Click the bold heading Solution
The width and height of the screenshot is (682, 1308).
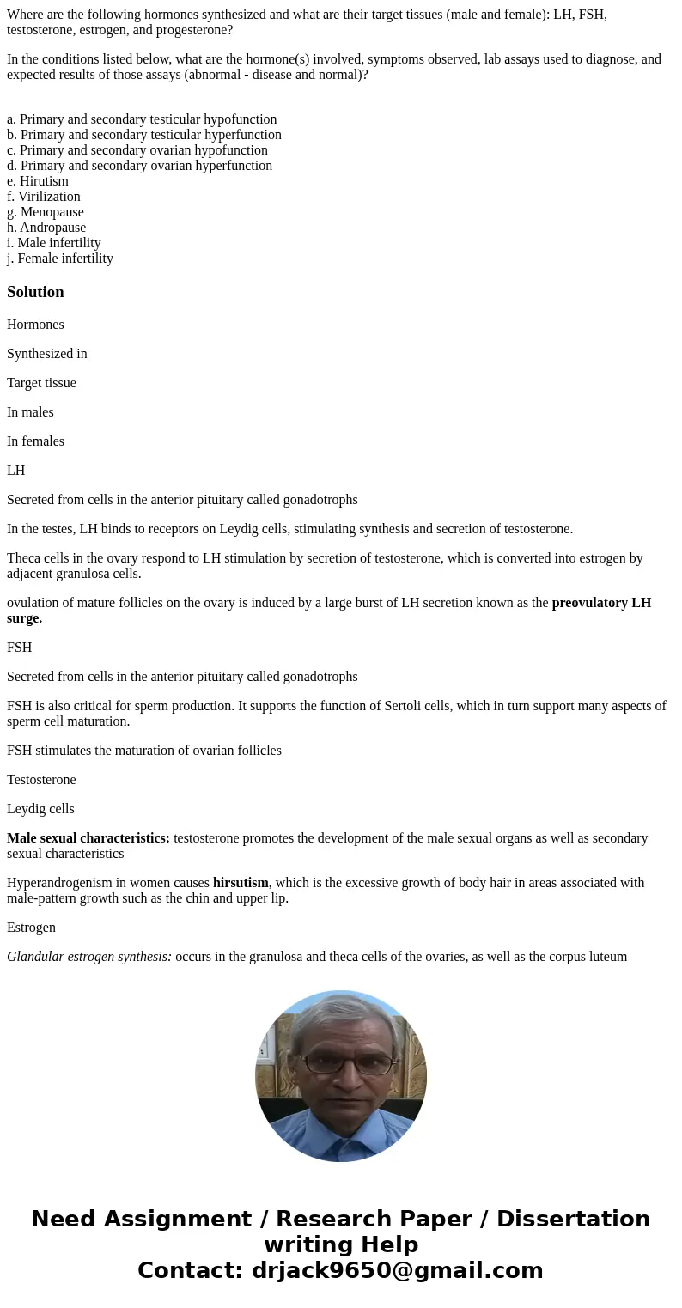coord(35,292)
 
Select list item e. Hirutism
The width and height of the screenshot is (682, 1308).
coord(38,181)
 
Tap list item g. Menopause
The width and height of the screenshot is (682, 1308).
coord(46,212)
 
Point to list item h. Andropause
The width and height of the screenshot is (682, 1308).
coord(46,228)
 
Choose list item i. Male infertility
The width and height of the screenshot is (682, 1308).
coord(54,243)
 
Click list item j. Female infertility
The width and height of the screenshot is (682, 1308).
coord(60,259)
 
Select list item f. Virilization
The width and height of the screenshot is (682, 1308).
coord(44,197)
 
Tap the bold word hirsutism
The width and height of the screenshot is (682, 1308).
coord(241,883)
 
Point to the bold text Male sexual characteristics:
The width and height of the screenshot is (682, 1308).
coord(88,838)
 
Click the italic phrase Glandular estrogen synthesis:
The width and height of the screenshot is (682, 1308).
coord(89,957)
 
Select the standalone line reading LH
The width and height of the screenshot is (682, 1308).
coord(16,471)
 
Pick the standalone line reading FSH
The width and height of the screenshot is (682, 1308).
coord(20,648)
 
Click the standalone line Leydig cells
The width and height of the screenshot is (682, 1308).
coord(40,809)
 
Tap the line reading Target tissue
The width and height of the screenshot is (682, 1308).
coord(41,383)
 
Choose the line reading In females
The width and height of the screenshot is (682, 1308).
coord(35,441)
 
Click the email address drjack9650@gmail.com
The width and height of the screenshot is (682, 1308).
coord(397,1270)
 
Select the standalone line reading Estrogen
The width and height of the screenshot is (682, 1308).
coord(31,928)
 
